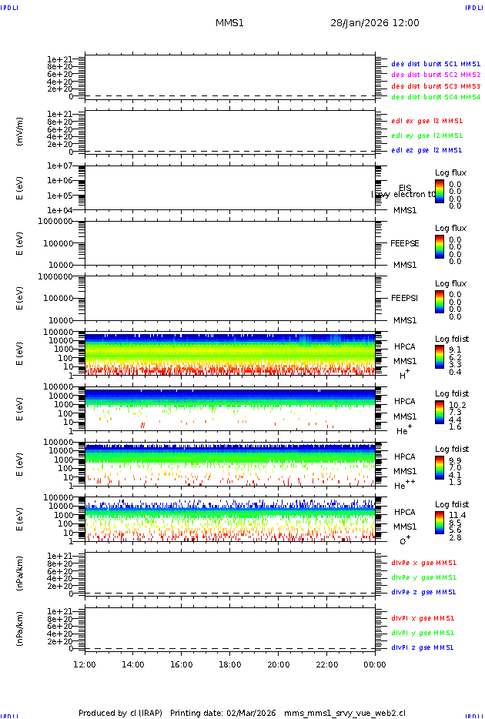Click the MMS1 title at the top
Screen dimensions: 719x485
pos(229,23)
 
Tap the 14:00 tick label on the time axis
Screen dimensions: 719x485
pos(133,664)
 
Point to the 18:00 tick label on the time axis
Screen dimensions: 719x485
pos(230,664)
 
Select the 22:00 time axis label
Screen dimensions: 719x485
pos(327,664)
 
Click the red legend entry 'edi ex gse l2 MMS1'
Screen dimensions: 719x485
pos(427,121)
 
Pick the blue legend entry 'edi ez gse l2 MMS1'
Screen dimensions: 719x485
pos(427,150)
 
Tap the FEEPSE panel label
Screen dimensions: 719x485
pos(405,243)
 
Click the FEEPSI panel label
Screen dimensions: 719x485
pos(405,298)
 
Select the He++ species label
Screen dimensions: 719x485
pos(404,486)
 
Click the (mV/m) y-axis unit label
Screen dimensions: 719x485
pos(20,132)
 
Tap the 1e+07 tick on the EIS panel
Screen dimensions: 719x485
pos(59,166)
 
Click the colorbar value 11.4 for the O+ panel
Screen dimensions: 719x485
pos(456,515)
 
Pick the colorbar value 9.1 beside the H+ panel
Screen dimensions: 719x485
pos(455,349)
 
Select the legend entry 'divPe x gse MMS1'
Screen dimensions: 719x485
pos(423,563)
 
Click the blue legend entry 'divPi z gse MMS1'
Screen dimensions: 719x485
pos(423,647)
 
